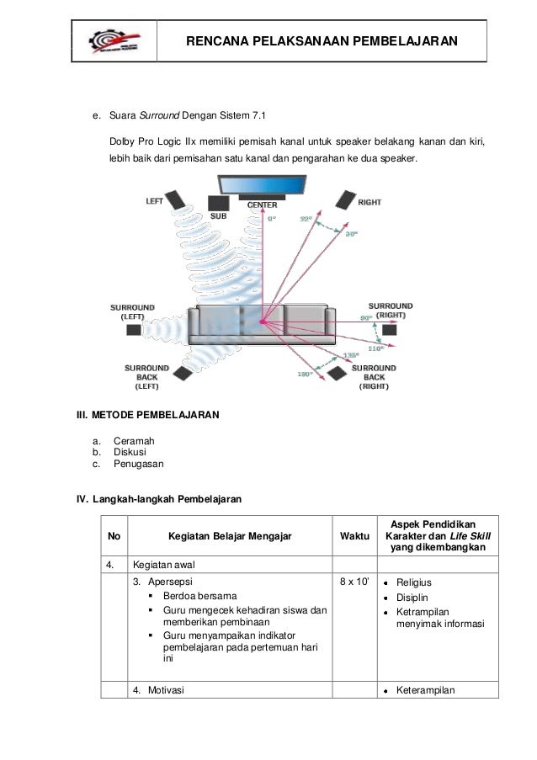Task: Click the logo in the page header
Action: (114, 40)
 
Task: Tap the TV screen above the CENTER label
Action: (262, 186)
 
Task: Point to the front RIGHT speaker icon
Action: (346, 199)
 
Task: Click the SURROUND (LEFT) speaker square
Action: (134, 329)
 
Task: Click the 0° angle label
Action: (271, 217)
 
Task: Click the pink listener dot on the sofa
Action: (263, 322)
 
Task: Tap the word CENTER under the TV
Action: (262, 205)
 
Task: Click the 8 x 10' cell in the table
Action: (354, 581)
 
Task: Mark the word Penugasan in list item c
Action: (139, 463)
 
